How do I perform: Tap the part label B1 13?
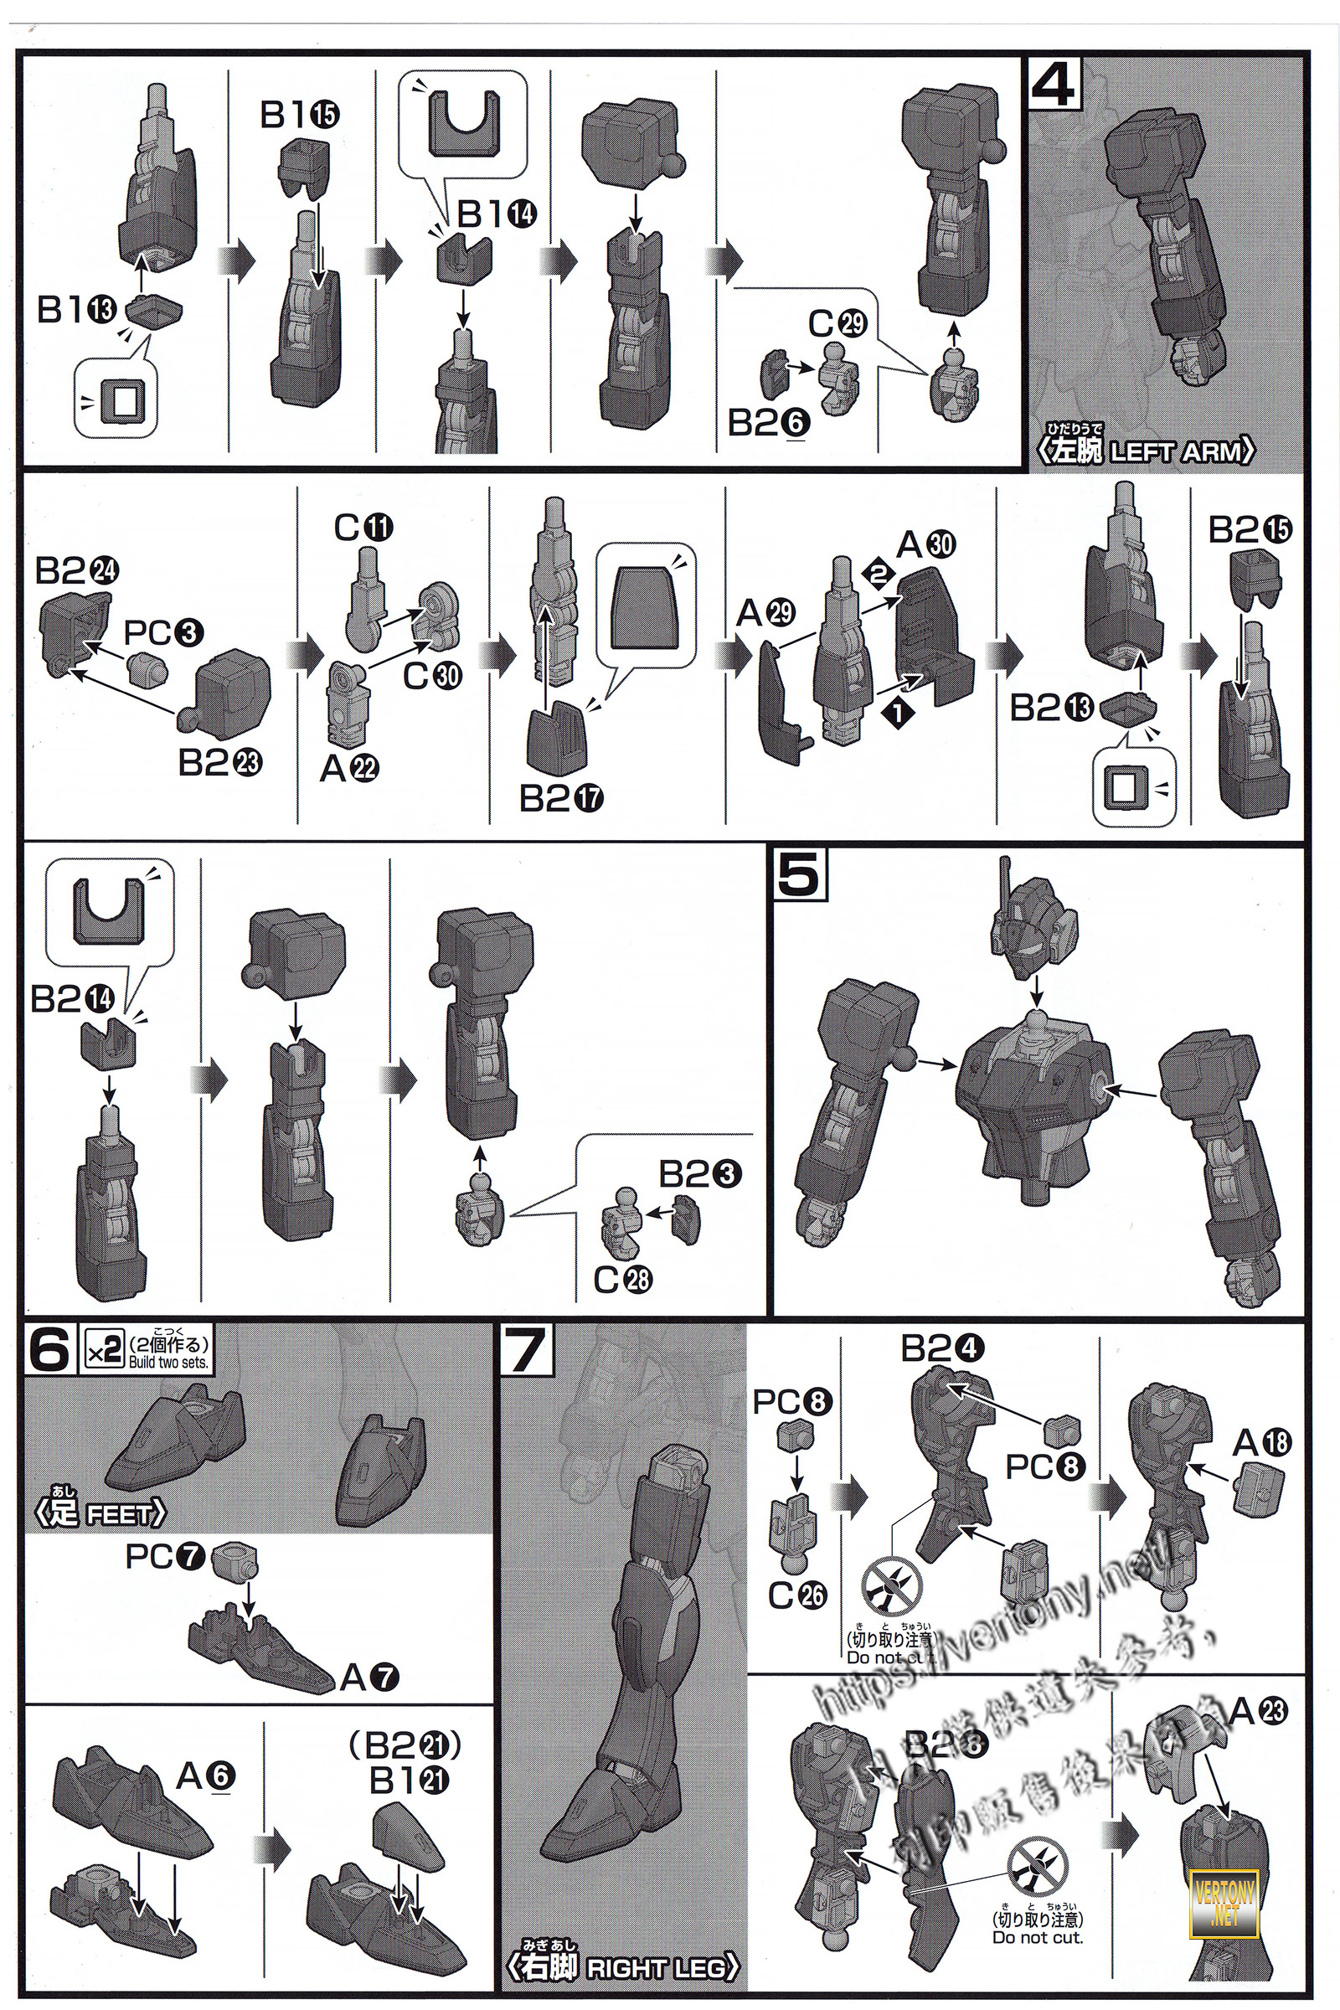[x=77, y=309]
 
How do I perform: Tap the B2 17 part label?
[x=561, y=799]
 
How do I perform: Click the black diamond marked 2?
[x=878, y=575]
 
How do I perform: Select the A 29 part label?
[x=765, y=613]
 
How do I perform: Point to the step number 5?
[x=799, y=876]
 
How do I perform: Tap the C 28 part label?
[x=623, y=1281]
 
